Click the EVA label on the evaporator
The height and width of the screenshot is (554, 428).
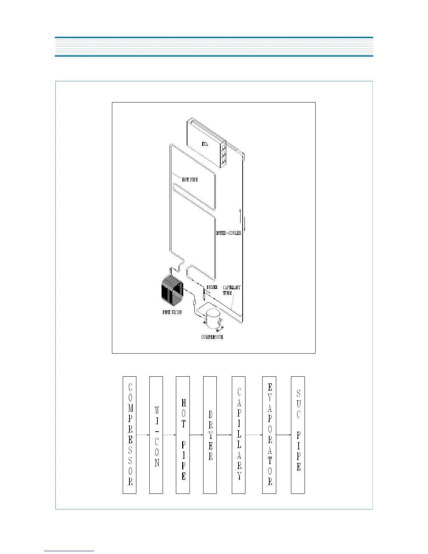tap(205, 144)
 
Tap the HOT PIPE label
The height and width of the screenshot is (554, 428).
tap(190, 179)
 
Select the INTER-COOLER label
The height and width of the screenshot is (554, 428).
tap(229, 233)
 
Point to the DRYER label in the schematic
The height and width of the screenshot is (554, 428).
tap(212, 287)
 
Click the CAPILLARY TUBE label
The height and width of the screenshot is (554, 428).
tap(231, 290)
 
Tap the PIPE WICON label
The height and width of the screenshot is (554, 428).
tap(172, 312)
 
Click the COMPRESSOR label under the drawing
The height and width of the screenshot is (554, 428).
tap(212, 337)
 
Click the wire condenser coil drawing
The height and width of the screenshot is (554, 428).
tap(172, 290)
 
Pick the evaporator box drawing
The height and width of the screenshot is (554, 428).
tap(206, 143)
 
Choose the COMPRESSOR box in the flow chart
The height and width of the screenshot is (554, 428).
tap(129, 435)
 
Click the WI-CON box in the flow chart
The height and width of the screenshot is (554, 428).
tap(156, 435)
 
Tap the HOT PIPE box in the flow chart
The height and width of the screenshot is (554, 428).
tap(183, 435)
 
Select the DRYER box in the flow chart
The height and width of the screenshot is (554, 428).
tap(210, 435)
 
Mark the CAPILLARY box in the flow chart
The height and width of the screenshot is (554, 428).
tap(239, 435)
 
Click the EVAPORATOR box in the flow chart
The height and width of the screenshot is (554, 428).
tap(269, 435)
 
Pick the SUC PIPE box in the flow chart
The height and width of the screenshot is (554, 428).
tap(298, 435)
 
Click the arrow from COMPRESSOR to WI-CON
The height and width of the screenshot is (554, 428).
tap(143, 435)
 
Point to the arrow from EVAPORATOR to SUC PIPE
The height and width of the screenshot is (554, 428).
tap(284, 435)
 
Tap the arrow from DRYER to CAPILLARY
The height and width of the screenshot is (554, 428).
tap(224, 435)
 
